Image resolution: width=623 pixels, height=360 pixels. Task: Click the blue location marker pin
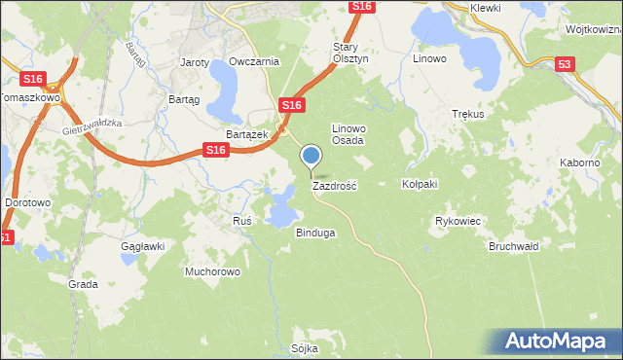(x=311, y=156)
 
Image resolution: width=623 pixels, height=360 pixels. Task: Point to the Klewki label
(x=485, y=8)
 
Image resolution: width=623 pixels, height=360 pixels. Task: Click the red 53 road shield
(x=566, y=65)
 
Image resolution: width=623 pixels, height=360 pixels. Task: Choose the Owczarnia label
(x=254, y=61)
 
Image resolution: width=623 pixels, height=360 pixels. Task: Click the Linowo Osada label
(x=348, y=134)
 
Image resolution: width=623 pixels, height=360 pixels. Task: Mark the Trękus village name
(x=468, y=114)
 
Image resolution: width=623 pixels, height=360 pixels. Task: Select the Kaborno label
(x=579, y=162)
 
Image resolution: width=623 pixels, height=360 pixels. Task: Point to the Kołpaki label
(x=421, y=184)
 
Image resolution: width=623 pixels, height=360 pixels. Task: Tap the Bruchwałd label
(x=514, y=247)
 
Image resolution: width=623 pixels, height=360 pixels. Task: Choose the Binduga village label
(x=315, y=234)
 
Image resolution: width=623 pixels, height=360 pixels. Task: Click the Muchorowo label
(x=212, y=271)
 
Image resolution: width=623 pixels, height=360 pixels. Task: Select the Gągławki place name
(x=141, y=247)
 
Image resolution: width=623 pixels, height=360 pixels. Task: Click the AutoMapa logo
(x=560, y=341)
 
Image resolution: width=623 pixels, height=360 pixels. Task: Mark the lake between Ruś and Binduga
(x=281, y=207)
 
